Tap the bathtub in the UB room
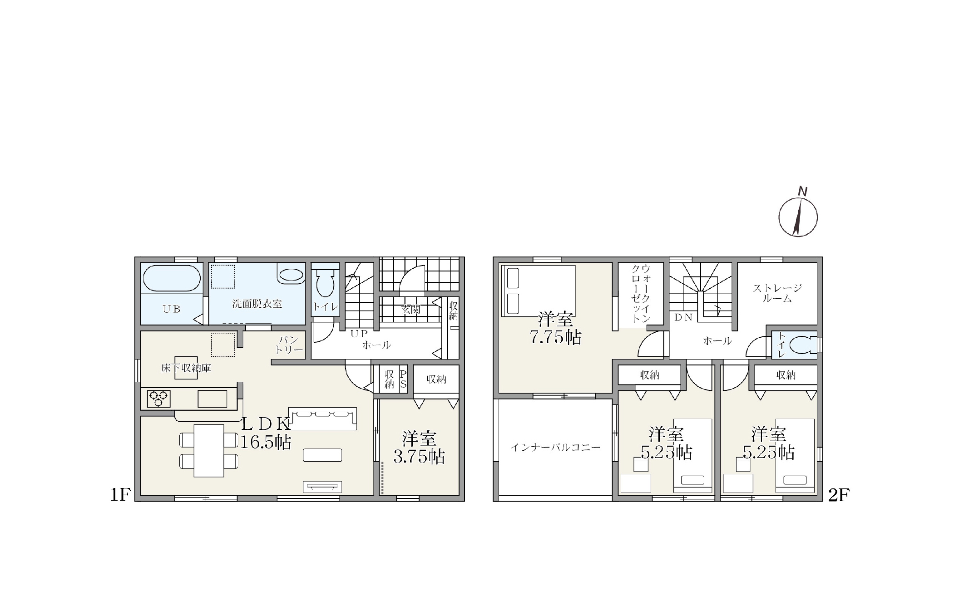point(172,278)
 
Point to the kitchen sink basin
point(212,399)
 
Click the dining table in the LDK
point(209,451)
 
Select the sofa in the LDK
point(322,419)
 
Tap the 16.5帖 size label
point(266,442)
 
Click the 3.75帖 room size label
point(419,457)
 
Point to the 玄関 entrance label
point(410,310)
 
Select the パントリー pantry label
point(289,345)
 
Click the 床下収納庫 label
point(186,368)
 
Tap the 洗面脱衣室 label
point(257,304)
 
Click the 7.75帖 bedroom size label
point(556,337)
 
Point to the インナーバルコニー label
point(555,448)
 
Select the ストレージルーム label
point(777,293)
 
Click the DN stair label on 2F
point(683,318)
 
